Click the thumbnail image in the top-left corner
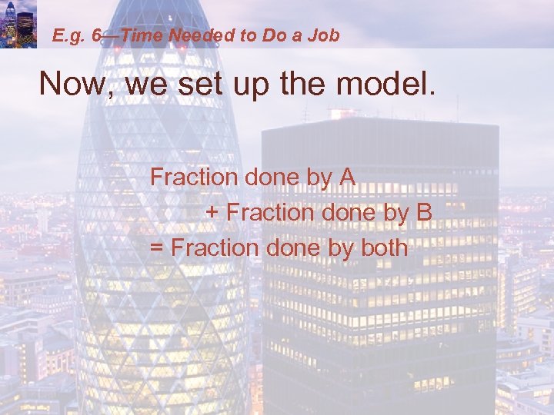(x=18, y=24)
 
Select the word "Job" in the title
(x=325, y=35)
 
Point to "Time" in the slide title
(x=142, y=35)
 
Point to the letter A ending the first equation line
(x=346, y=177)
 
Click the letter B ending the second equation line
(x=423, y=212)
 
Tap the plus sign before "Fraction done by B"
(x=212, y=213)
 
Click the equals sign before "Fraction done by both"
(x=157, y=248)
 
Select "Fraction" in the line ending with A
(x=194, y=177)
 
